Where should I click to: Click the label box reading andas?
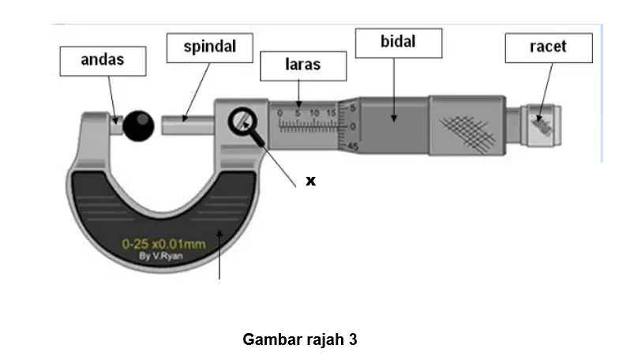point(103,62)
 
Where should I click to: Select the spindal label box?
point(210,47)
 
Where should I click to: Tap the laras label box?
point(303,66)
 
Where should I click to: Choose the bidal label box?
point(399,43)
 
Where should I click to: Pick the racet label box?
point(549,47)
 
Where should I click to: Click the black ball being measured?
point(138,126)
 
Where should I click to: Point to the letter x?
point(311,181)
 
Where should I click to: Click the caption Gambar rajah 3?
point(300,339)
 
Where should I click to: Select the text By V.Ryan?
point(161,256)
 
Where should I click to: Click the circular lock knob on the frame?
point(242,122)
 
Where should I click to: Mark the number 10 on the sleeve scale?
point(314,114)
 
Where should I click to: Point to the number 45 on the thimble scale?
point(353,147)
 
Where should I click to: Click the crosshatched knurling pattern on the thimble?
point(467,133)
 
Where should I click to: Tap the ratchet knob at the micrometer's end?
point(542,126)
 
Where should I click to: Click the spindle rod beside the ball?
point(188,125)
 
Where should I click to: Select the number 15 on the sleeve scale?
point(332,114)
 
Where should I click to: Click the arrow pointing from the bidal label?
point(393,90)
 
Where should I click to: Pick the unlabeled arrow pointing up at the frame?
point(219,255)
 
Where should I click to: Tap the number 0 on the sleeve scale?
point(279,114)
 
